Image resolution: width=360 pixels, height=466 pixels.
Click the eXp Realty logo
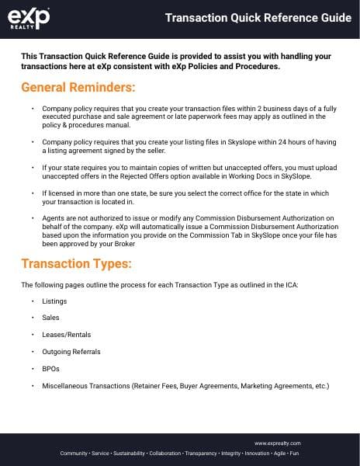[29, 19]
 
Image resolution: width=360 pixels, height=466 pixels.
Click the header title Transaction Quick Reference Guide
[258, 19]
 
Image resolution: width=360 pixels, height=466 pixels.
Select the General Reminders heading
[78, 85]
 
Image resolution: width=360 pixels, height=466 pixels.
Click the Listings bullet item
[54, 301]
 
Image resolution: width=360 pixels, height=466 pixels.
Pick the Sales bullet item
[51, 318]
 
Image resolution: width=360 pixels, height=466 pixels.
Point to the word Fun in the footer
[294, 452]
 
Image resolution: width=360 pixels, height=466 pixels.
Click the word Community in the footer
[74, 452]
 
